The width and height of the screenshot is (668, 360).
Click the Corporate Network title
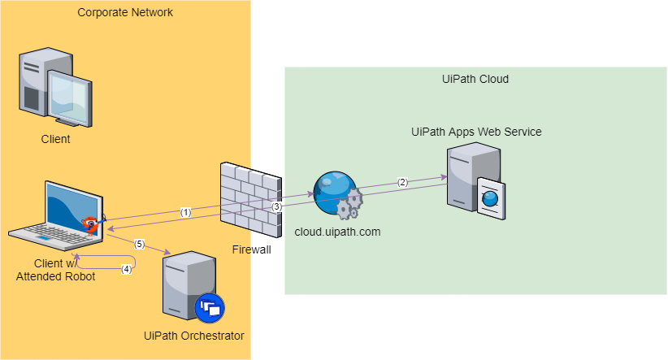pos(125,12)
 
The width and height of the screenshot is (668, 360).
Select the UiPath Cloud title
pos(475,79)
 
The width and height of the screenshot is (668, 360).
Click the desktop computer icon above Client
pos(55,89)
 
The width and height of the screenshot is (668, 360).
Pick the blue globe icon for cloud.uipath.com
pos(333,193)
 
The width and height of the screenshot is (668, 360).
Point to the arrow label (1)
pos(185,212)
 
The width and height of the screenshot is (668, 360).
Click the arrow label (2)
pos(401,182)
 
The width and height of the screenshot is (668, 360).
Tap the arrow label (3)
pos(276,207)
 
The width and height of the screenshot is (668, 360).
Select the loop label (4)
pos(126,268)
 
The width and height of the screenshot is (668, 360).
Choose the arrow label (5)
pos(139,244)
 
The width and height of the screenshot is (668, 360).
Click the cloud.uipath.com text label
pos(337,232)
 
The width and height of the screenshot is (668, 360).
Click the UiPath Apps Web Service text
pos(475,132)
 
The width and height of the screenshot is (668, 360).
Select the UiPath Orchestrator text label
pos(193,336)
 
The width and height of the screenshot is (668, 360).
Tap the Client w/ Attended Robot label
pos(55,270)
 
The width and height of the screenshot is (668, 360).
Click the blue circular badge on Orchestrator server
pos(209,308)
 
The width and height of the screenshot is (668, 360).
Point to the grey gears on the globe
pos(349,206)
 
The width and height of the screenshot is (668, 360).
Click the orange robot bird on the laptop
pos(91,223)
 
